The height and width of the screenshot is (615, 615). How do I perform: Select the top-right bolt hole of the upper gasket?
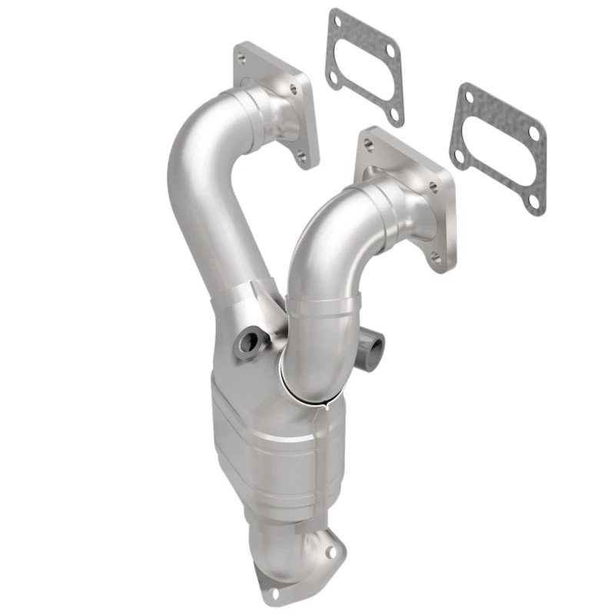click(390, 50)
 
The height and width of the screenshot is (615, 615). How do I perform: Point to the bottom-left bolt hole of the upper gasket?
click(336, 77)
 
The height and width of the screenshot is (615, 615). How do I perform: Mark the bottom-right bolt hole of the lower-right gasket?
click(533, 201)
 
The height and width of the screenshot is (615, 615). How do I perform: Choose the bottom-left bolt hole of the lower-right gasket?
click(460, 156)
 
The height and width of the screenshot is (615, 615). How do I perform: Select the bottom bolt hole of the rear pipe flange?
click(302, 158)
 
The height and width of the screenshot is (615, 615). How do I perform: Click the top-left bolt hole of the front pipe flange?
click(369, 144)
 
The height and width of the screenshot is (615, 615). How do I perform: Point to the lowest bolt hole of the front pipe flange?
click(437, 259)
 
